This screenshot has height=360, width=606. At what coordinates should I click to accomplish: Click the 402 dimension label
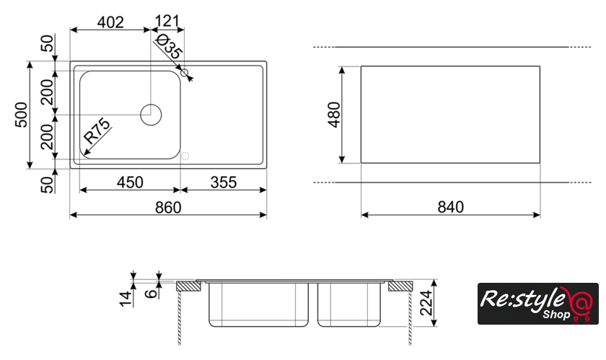pyautogui.click(x=110, y=22)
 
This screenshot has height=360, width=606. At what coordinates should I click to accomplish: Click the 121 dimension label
pyautogui.click(x=167, y=21)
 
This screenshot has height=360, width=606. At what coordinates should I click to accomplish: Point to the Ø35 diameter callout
pyautogui.click(x=168, y=46)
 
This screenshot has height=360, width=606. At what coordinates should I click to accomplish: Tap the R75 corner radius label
pyautogui.click(x=97, y=131)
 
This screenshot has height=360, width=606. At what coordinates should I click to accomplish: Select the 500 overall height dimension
pyautogui.click(x=22, y=115)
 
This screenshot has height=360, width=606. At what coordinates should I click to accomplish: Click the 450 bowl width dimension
pyautogui.click(x=130, y=182)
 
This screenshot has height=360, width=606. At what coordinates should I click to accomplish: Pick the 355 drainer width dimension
pyautogui.click(x=224, y=182)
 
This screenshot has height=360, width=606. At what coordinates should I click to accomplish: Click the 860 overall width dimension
pyautogui.click(x=168, y=208)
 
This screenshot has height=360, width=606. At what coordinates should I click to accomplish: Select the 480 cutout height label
pyautogui.click(x=334, y=115)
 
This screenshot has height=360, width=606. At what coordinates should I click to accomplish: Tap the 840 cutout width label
pyautogui.click(x=451, y=207)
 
